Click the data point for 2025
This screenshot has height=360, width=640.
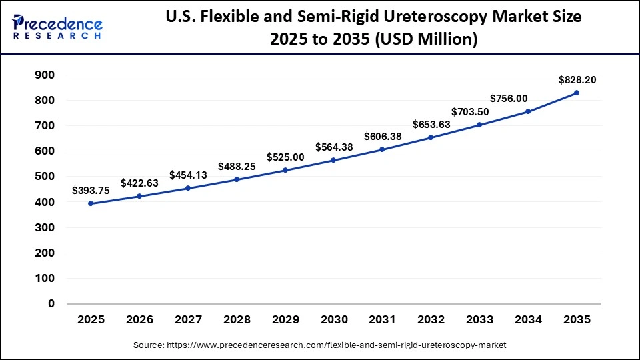tap(91, 203)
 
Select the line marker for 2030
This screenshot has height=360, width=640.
tap(333, 160)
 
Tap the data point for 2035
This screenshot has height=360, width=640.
tap(577, 93)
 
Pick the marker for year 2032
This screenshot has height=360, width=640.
tap(431, 137)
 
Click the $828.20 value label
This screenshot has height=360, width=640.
tap(577, 80)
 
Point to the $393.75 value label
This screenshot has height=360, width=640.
tap(91, 190)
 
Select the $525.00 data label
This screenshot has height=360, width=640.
tap(285, 157)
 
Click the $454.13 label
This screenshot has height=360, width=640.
tap(188, 175)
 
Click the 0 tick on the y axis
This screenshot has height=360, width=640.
tap(51, 304)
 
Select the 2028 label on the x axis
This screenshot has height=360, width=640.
tap(237, 320)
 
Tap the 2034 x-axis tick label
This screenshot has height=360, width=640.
tap(528, 320)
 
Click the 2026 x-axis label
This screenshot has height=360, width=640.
tap(139, 320)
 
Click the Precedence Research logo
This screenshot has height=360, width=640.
tap(57, 27)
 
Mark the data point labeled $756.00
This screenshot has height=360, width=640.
tap(528, 111)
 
